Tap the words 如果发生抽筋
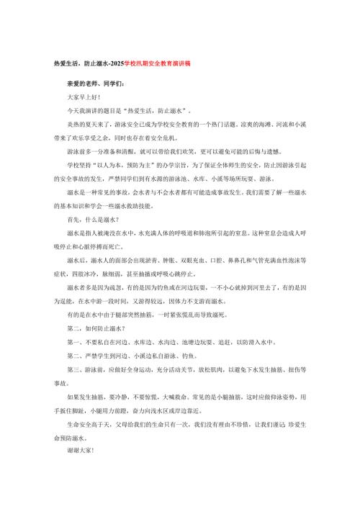84,397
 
